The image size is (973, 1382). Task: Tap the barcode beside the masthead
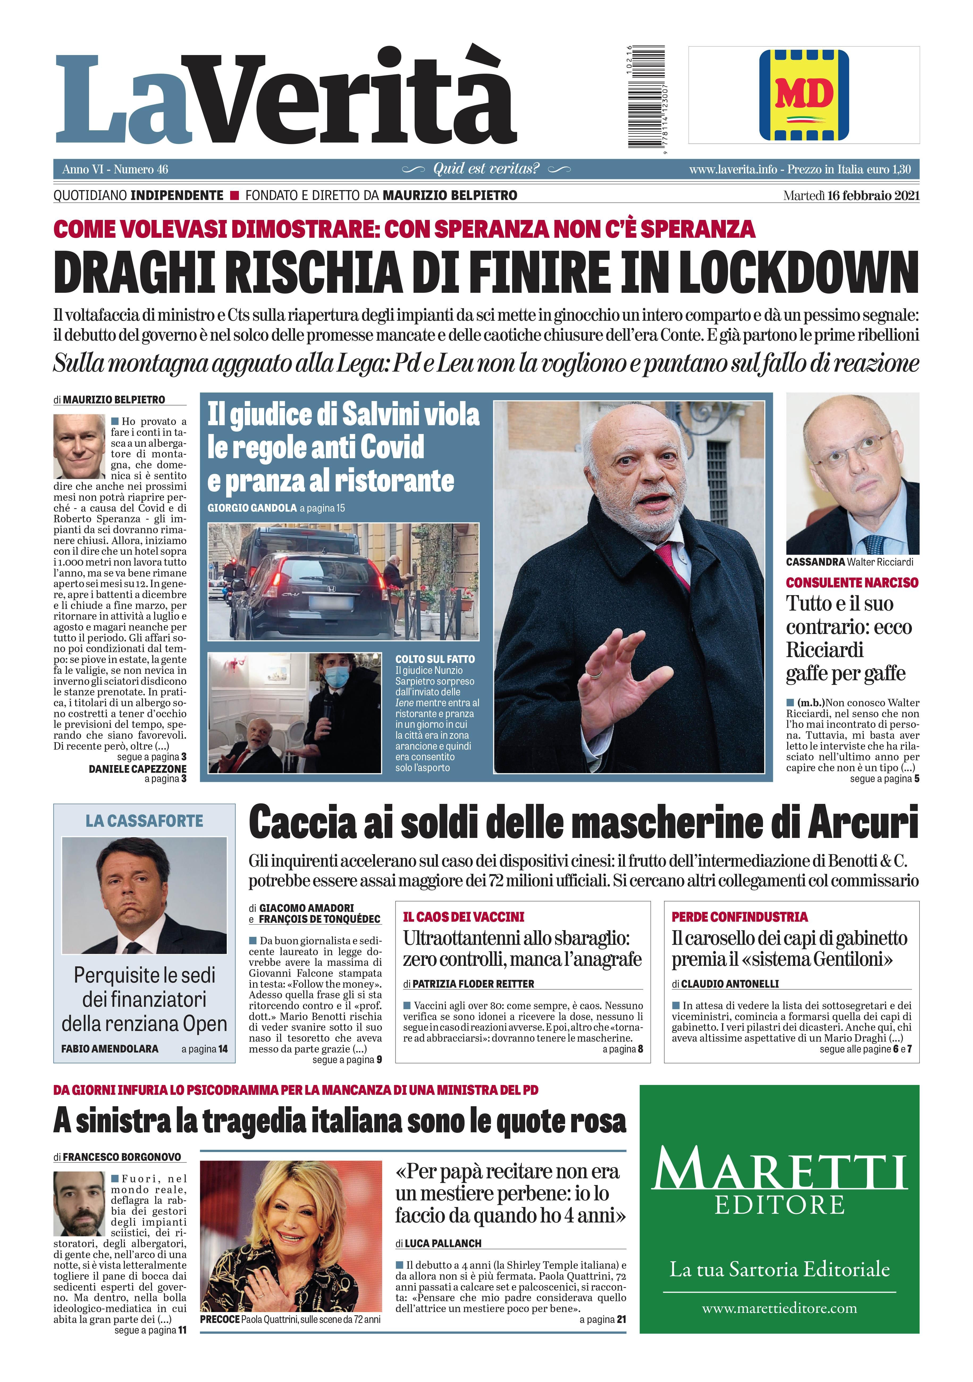[646, 96]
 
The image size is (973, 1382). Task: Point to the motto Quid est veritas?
[486, 169]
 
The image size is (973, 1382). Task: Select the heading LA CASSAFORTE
[144, 821]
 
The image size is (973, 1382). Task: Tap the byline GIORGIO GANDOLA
[252, 508]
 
